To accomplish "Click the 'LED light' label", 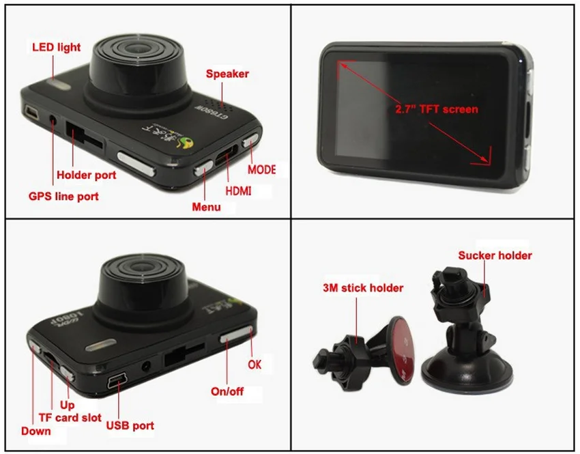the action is [x=56, y=47].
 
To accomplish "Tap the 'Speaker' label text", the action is [x=227, y=74].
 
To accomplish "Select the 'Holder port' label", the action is [x=86, y=175].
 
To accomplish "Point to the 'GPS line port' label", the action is [x=63, y=196].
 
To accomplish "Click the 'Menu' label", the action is [x=206, y=207].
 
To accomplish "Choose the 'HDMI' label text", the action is [x=238, y=191].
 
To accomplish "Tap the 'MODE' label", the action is [x=261, y=169].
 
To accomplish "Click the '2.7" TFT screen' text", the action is [x=437, y=109].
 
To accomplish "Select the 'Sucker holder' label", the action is [x=495, y=255].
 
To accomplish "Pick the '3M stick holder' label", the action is [x=363, y=288].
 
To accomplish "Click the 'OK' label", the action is [x=255, y=365].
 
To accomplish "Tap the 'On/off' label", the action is [x=227, y=391].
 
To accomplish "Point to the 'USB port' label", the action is [x=130, y=425].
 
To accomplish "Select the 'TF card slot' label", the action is [x=70, y=417].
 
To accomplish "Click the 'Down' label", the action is [x=36, y=431].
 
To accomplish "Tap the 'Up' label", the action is [x=67, y=405].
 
